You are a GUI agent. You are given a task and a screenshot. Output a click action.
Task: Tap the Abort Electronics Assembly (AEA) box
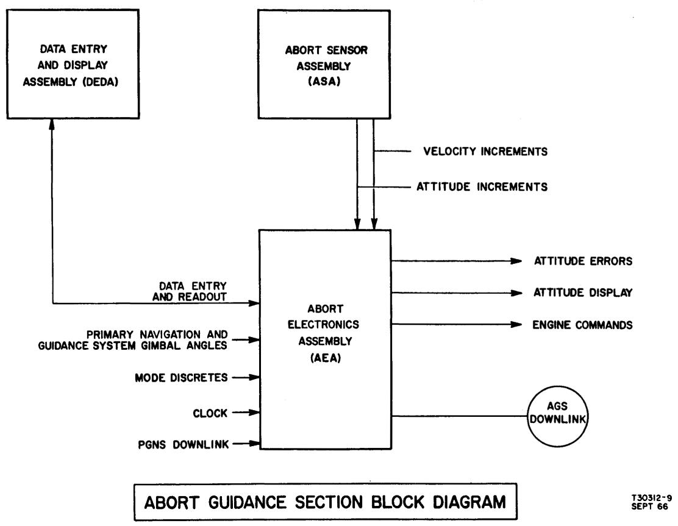click(324, 338)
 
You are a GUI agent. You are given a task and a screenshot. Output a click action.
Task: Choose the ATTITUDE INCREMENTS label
click(482, 187)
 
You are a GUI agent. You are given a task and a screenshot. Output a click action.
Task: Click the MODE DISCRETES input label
click(182, 377)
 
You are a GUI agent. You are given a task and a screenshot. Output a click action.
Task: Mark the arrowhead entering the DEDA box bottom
click(53, 124)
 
